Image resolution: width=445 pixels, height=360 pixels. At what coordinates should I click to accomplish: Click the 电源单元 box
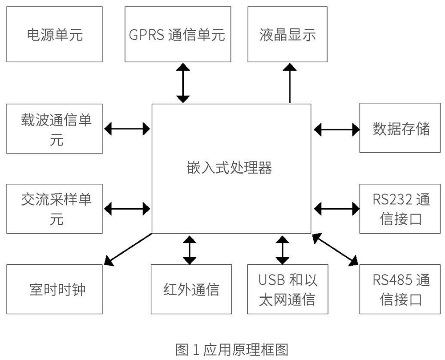coord(55,34)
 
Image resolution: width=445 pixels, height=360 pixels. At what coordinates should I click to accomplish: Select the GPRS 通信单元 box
coord(178,34)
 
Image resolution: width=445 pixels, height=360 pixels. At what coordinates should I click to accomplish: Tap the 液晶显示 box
coord(287,34)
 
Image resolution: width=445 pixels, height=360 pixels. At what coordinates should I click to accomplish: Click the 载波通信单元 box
coord(55,129)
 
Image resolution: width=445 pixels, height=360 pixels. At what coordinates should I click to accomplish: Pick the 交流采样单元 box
coord(55,208)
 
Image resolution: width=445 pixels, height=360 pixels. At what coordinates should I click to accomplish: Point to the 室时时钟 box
coord(55,289)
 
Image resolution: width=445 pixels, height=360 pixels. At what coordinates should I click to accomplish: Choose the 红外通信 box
coord(191,289)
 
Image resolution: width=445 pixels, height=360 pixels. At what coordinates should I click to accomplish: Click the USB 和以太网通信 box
coord(287,289)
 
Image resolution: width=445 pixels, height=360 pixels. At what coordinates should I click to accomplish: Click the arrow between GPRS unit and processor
coord(182,83)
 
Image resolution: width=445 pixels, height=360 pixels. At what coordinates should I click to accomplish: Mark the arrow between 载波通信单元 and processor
coord(127,129)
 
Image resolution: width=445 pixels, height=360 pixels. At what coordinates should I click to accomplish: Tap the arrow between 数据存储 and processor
coord(336,129)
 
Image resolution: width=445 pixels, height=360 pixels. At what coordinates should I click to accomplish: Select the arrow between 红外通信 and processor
coord(190,251)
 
